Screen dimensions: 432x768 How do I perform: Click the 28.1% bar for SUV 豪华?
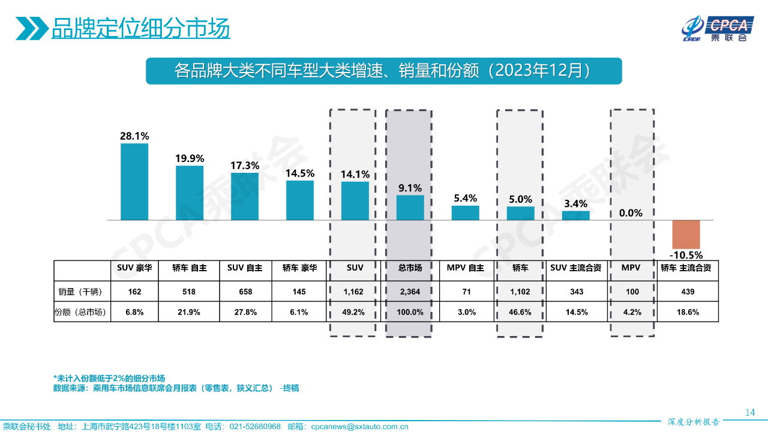(134, 182)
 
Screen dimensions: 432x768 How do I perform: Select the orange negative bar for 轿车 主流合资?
(686, 235)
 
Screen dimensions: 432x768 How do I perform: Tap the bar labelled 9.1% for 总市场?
(410, 208)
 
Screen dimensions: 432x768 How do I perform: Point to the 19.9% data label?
(190, 158)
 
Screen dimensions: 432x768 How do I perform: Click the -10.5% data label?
(686, 254)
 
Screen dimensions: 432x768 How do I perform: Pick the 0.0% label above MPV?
(631, 212)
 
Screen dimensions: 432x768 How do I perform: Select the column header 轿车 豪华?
(300, 268)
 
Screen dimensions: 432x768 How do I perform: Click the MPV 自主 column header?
(466, 268)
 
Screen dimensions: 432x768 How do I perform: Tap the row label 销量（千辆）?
(81, 292)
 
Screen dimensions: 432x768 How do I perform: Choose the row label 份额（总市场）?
(81, 312)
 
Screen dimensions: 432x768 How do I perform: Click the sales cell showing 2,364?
(410, 292)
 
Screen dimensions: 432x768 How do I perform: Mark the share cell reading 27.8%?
(245, 312)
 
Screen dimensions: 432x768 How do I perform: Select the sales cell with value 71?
(466, 292)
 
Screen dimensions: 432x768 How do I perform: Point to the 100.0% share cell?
(410, 312)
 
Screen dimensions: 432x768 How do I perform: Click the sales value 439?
(688, 292)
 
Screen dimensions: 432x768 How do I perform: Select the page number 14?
(749, 412)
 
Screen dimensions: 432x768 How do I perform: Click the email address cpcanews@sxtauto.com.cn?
(359, 427)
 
